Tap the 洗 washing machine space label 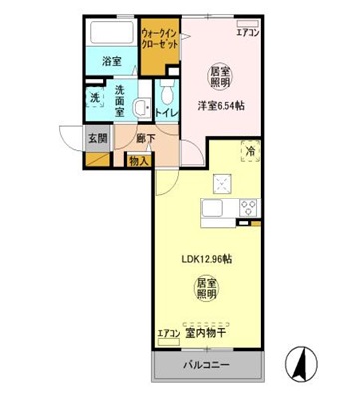coord(93,97)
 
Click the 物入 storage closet coord(139,160)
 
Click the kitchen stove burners coord(247,207)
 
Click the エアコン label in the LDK coord(168,333)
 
